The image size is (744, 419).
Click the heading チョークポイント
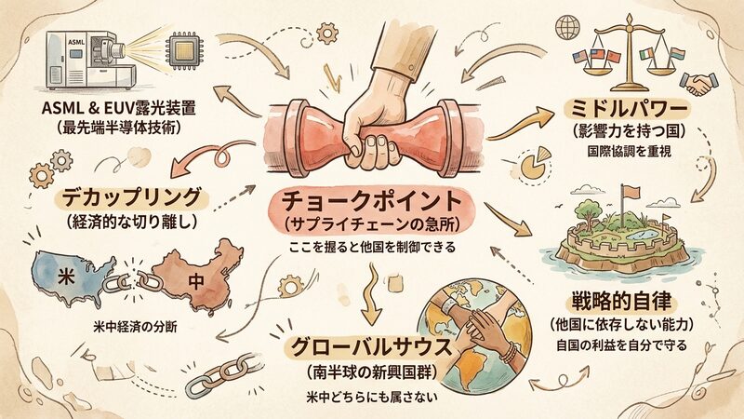tap(371, 202)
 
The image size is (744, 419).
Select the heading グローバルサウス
tap(371, 348)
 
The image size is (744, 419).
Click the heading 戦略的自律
tap(621, 302)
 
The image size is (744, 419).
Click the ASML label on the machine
tap(76, 42)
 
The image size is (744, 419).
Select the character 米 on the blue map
tap(66, 277)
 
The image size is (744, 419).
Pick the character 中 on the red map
tap(195, 281)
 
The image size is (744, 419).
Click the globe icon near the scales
tap(567, 27)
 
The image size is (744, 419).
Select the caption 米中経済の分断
tap(135, 327)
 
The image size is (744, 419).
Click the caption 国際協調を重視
tap(630, 152)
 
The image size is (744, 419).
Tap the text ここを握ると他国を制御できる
tap(371, 247)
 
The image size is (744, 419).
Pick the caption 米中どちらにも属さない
tap(372, 397)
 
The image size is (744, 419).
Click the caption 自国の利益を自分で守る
tap(621, 345)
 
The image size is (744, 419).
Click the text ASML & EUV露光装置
tap(119, 108)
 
